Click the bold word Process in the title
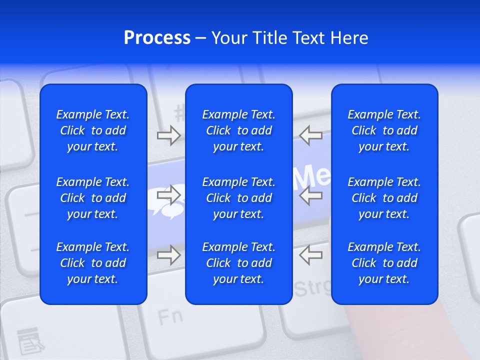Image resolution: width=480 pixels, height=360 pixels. point(157,38)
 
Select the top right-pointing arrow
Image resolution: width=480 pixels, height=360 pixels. point(168,135)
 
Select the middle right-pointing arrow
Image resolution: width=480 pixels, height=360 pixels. point(168,195)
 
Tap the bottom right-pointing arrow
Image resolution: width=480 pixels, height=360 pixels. point(168,255)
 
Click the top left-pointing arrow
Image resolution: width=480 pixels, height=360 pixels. point(310,135)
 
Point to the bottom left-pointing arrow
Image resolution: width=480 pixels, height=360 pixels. point(310,255)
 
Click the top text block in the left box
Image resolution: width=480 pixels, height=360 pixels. point(93,130)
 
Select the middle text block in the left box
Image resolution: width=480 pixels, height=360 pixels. point(93,198)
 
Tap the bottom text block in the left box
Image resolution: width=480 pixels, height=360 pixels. point(93,263)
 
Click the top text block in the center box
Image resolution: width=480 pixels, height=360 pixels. point(238,130)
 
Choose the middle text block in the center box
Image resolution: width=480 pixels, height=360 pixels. point(238,198)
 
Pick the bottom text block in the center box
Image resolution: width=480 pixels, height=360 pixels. point(238,263)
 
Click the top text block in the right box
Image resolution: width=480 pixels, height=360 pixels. point(384,130)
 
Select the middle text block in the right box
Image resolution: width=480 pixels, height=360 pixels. point(384,198)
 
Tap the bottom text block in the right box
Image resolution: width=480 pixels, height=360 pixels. point(384,263)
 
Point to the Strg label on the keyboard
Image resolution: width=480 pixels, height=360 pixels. point(313,288)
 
